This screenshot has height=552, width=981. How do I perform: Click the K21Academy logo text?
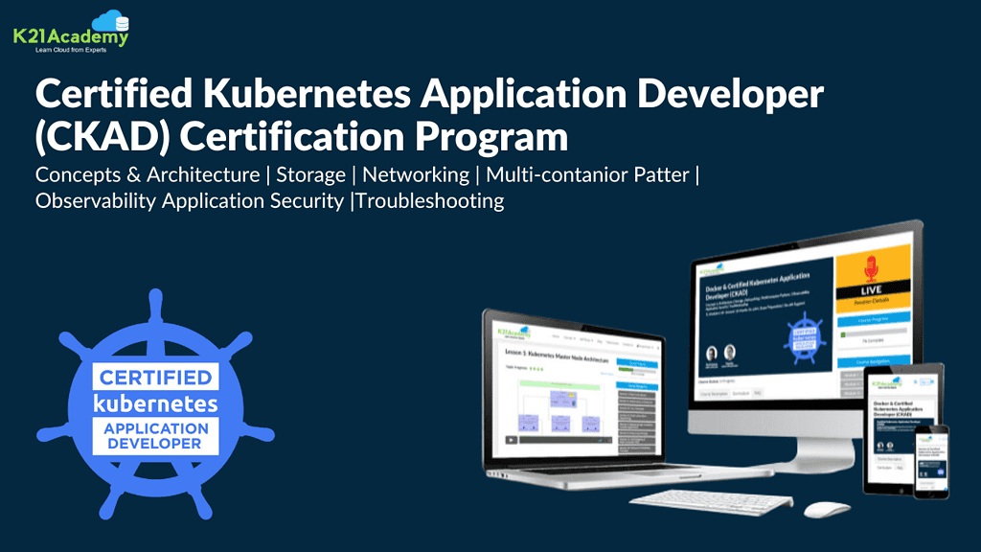[x=70, y=37]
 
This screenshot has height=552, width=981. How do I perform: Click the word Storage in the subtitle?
[x=310, y=175]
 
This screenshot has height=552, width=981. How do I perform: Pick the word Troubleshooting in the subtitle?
[x=430, y=201]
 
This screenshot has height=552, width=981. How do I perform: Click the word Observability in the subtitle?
[x=96, y=201]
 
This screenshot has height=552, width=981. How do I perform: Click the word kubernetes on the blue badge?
[x=155, y=402]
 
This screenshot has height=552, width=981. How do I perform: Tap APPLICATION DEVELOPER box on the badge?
[x=155, y=436]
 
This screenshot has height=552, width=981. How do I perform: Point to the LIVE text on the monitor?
[x=872, y=289]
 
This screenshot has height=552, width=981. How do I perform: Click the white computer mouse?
[x=826, y=510]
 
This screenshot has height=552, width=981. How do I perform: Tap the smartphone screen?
[x=930, y=461]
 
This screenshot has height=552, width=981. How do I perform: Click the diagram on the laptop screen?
[x=565, y=408]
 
